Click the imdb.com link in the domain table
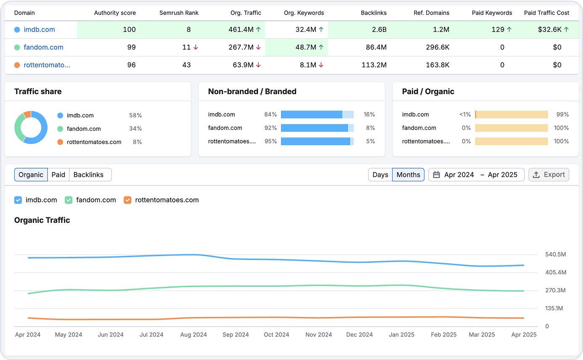click(x=39, y=29)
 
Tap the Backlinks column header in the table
click(x=374, y=13)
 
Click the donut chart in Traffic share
click(x=31, y=127)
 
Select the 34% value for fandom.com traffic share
click(x=135, y=129)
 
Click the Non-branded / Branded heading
click(x=252, y=91)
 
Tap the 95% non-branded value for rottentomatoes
click(x=270, y=141)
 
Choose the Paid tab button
click(x=58, y=175)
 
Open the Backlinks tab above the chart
click(x=88, y=175)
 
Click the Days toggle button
click(x=380, y=175)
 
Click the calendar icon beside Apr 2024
click(x=437, y=175)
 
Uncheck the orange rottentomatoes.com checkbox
click(x=127, y=200)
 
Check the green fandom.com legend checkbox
click(x=69, y=200)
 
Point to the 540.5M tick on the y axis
click(x=555, y=254)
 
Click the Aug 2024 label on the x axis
click(x=193, y=335)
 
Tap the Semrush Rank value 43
click(x=186, y=65)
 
